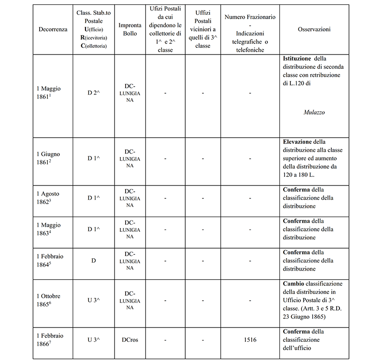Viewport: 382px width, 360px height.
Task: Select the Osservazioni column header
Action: tap(314, 30)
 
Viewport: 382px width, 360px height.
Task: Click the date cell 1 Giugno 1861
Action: tap(49, 158)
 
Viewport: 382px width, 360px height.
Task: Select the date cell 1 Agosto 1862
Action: tap(49, 197)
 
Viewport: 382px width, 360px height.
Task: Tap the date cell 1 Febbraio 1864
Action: tap(50, 260)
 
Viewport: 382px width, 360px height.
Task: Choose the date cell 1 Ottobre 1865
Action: tap(49, 300)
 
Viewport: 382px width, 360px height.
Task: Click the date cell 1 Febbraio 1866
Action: tap(50, 339)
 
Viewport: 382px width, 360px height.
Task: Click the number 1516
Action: tap(249, 340)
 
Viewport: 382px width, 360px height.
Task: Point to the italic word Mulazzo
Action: tap(314, 113)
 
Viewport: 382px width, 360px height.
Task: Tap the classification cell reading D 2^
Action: tap(94, 93)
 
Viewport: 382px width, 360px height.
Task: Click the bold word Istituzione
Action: tap(297, 58)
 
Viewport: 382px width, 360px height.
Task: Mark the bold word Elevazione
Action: tap(297, 142)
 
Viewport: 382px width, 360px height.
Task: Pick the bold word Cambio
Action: tap(294, 284)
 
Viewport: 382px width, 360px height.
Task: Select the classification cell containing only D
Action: tap(94, 260)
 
